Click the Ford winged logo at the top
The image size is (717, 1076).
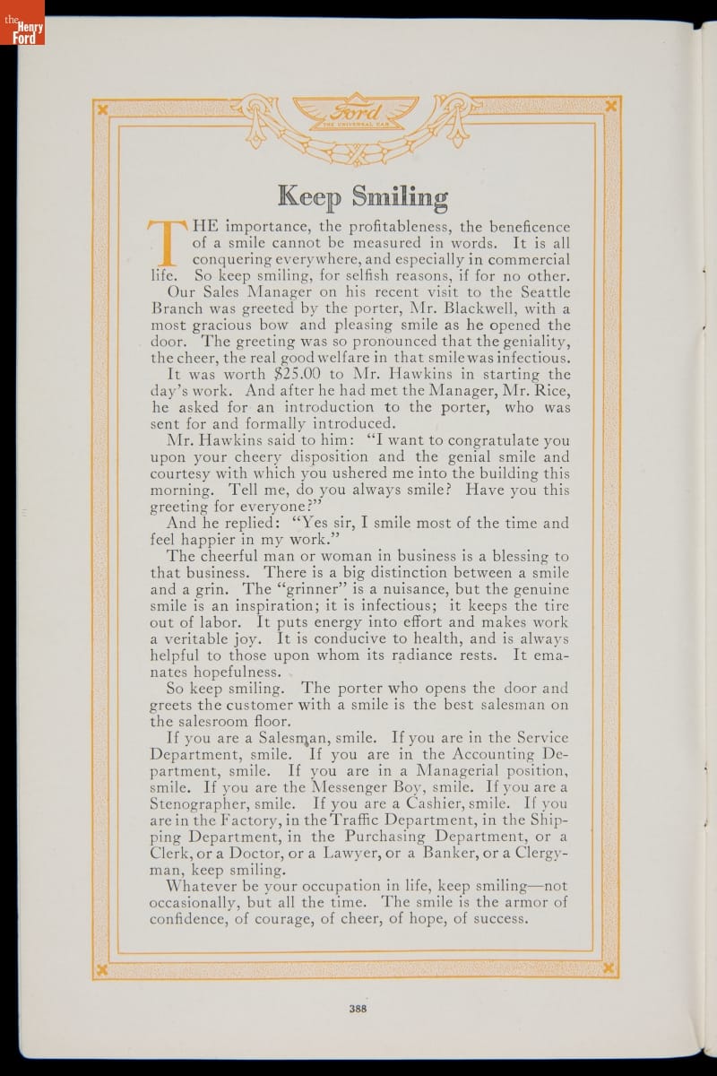(x=357, y=116)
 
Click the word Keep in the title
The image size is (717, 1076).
(x=311, y=195)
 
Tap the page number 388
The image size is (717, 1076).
(x=358, y=1006)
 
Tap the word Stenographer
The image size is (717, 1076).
(x=198, y=803)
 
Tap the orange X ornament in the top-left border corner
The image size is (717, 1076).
(x=103, y=108)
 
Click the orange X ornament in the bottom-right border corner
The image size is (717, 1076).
(x=609, y=968)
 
